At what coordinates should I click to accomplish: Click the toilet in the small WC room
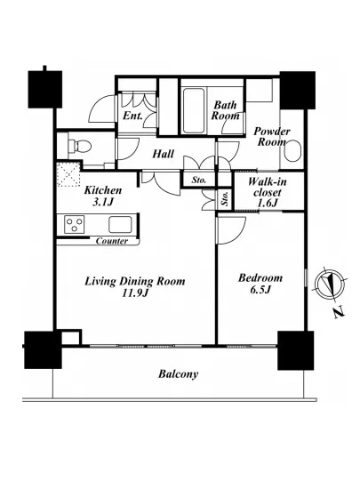click(80, 146)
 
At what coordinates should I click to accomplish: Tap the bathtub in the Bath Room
click(194, 111)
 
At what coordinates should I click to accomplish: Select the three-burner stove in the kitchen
click(74, 224)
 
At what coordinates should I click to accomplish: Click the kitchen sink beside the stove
click(120, 224)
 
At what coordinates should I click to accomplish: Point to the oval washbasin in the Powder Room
click(292, 151)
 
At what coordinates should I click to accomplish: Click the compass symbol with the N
click(330, 283)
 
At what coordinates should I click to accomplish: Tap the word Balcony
click(178, 374)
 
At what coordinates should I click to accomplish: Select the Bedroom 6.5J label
click(260, 284)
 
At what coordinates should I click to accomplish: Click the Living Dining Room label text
click(135, 281)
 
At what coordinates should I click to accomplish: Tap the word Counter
click(112, 241)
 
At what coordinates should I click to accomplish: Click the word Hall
click(163, 154)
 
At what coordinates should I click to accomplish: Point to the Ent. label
click(132, 116)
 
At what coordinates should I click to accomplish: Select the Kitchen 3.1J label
click(103, 196)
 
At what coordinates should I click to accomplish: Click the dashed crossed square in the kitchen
click(68, 175)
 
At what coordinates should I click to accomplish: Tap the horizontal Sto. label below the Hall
click(198, 180)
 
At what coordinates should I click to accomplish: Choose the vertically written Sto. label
click(225, 198)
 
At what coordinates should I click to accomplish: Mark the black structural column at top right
click(298, 90)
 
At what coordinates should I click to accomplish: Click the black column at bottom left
click(43, 349)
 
